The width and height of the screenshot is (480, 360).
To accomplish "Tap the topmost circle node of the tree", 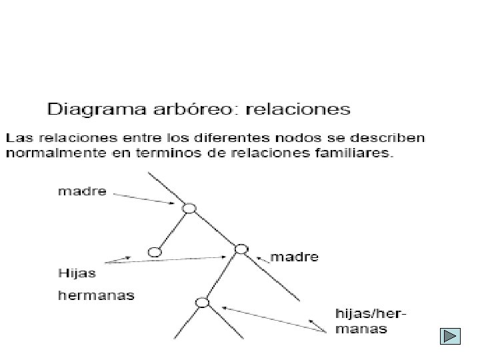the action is point(189,208).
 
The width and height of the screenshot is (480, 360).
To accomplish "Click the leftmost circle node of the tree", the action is point(155,252).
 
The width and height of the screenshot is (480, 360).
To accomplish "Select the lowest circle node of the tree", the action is point(203,302).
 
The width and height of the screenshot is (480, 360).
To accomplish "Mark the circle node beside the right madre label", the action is point(241,249).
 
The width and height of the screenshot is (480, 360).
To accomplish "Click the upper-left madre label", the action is point(82,191).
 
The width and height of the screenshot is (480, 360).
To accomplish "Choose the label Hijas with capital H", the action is point(77,273).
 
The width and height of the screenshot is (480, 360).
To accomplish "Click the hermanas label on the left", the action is point(96,295).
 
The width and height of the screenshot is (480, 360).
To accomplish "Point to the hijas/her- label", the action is point(371,315).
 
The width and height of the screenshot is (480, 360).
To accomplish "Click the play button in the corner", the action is point(451,337).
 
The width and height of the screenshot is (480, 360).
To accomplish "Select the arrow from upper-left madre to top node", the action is point(147,197).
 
